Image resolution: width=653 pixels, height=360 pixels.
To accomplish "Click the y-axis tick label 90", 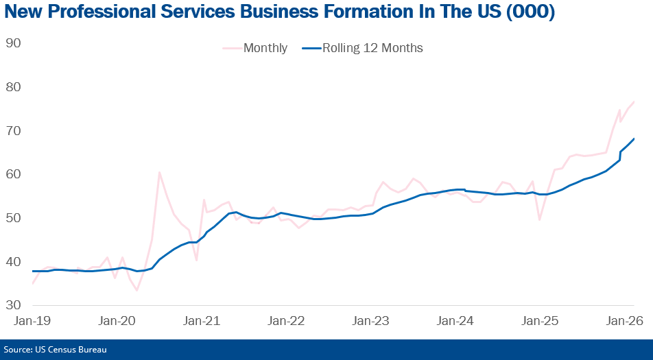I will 13,43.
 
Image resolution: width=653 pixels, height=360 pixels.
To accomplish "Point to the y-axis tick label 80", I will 13,87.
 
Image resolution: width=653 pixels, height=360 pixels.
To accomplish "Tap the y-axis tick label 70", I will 13,131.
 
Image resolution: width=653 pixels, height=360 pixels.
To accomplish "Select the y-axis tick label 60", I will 13,174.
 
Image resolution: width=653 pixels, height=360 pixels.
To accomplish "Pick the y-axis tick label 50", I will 13,218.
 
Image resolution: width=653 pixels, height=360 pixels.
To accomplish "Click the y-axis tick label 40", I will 13,262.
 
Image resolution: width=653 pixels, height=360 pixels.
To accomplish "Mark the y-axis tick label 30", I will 13,305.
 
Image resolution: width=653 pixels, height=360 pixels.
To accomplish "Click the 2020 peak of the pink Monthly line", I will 159,172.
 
